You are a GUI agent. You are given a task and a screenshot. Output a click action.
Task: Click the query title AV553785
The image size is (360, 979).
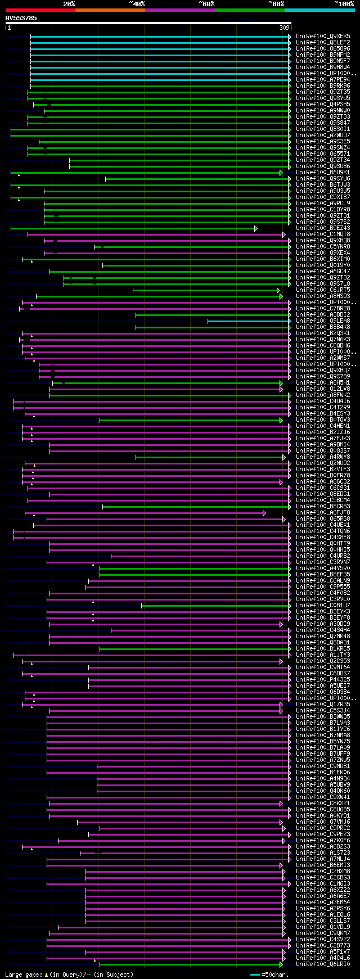(21, 18)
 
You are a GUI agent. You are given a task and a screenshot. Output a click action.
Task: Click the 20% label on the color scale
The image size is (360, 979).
(69, 4)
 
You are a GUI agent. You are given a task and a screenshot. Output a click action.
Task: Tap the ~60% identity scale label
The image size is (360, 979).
(206, 4)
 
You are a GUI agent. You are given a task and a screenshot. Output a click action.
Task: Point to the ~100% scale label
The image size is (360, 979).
(344, 4)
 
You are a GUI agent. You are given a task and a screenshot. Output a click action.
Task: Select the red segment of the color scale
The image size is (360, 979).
(40, 10)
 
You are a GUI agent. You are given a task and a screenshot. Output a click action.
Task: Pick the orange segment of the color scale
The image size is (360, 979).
(110, 10)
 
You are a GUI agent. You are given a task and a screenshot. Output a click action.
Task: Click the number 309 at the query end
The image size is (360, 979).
(284, 28)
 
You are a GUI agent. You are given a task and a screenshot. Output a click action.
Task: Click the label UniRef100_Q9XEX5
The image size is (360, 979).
(323, 36)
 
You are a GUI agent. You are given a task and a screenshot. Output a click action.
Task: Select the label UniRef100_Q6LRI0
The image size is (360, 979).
(323, 964)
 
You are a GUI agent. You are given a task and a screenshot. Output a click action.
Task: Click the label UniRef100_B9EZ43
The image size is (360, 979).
(323, 228)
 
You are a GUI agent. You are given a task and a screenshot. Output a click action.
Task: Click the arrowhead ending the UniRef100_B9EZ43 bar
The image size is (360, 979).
(255, 228)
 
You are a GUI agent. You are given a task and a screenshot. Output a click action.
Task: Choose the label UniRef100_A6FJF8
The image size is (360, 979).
(323, 512)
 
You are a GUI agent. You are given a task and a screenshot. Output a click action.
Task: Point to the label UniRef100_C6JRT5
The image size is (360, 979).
(323, 290)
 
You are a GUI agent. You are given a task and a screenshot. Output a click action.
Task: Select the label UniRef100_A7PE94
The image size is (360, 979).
(323, 79)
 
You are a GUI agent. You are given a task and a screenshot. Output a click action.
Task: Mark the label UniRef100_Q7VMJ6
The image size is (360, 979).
(323, 822)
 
